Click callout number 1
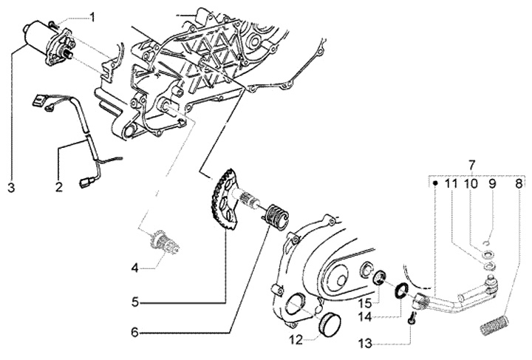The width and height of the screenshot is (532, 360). tap(93, 16)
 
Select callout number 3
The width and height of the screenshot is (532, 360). tap(11, 188)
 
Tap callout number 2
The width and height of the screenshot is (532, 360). tap(58, 188)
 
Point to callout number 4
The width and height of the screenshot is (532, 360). tap(133, 268)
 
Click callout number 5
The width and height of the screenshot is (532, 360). tap(134, 302)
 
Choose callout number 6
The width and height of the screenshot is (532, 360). tap(134, 333)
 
